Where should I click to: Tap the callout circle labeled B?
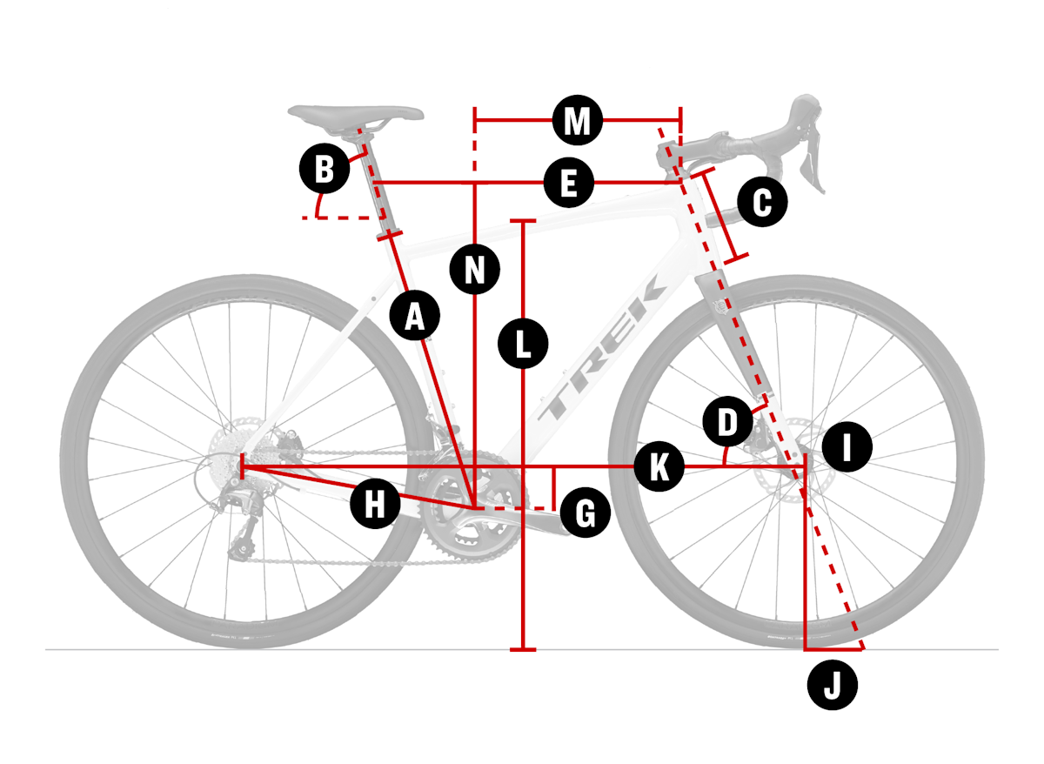click(x=325, y=168)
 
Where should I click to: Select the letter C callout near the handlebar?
click(x=761, y=203)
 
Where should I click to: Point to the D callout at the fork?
click(x=727, y=422)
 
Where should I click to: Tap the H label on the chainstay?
click(x=374, y=504)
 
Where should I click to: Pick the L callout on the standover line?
click(x=522, y=343)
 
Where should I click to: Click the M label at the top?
click(x=577, y=121)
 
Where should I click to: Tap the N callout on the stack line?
click(x=474, y=269)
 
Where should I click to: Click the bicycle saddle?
click(x=357, y=113)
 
